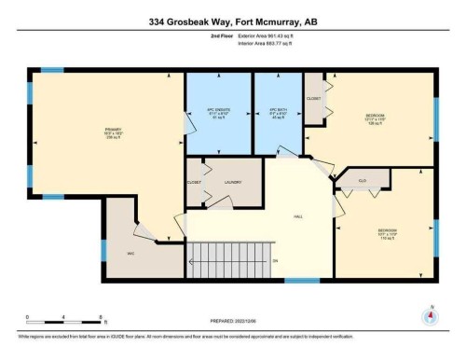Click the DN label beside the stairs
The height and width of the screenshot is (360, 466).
click(275, 260)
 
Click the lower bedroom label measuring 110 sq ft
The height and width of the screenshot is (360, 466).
click(388, 232)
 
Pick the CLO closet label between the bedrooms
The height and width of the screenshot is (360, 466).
click(362, 179)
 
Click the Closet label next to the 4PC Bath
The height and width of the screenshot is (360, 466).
click(314, 98)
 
